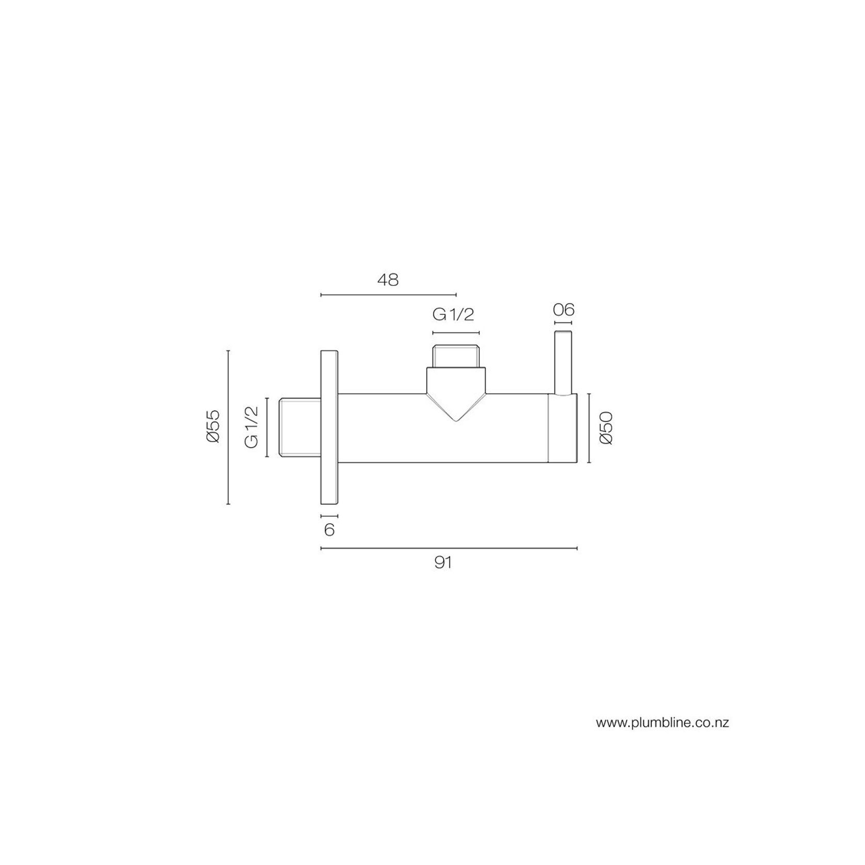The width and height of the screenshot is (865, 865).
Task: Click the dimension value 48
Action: click(388, 280)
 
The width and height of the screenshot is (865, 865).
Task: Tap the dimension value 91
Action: click(443, 563)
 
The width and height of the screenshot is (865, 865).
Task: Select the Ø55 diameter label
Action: click(213, 426)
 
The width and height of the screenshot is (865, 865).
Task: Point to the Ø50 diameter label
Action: click(606, 428)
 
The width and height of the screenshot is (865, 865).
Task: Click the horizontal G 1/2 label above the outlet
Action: click(454, 314)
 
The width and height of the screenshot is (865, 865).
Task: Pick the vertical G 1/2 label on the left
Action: click(251, 427)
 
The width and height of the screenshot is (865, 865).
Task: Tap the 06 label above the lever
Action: click(563, 310)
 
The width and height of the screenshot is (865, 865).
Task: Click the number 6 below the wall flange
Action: click(329, 530)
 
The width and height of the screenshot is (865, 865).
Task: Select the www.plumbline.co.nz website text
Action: click(662, 723)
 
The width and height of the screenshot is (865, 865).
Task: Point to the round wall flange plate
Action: click(329, 428)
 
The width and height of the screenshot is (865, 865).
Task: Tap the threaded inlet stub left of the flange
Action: click(300, 427)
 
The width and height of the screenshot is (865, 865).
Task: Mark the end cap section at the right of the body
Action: click(562, 428)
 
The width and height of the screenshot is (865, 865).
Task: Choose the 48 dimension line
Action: click(388, 295)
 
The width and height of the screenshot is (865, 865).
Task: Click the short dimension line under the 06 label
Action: click(563, 324)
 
